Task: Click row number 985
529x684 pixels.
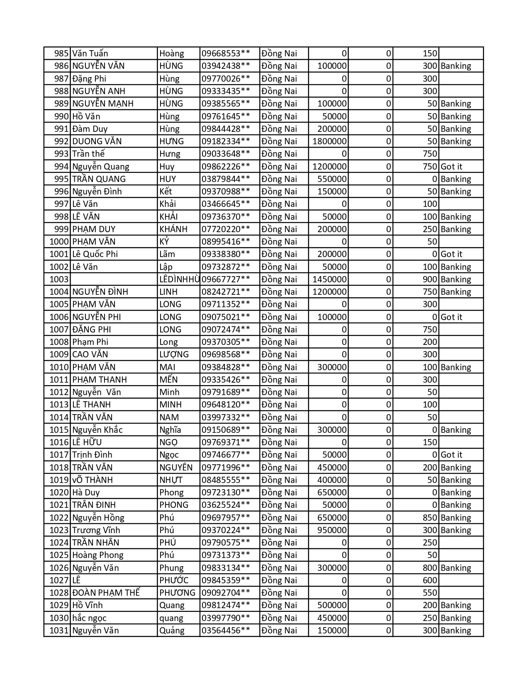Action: (x=61, y=53)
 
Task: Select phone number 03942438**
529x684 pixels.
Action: (x=226, y=66)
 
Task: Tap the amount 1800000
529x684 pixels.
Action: (x=329, y=141)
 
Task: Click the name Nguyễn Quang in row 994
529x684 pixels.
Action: (x=101, y=167)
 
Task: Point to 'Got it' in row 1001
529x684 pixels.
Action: (x=451, y=254)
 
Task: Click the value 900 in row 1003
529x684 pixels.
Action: (x=430, y=279)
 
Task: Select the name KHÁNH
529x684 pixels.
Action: (x=173, y=229)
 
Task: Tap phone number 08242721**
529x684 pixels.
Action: (x=226, y=292)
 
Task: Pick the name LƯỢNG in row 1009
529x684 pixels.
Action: (x=174, y=354)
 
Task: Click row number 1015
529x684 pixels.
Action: (x=59, y=430)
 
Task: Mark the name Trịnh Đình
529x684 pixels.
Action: (x=92, y=455)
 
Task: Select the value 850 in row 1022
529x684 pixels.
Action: (x=430, y=518)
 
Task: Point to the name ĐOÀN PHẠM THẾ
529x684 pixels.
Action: (x=106, y=593)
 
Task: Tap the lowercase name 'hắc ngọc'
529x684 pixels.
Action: (x=89, y=618)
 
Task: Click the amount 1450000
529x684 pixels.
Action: (x=329, y=279)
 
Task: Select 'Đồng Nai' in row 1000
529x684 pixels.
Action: (x=279, y=242)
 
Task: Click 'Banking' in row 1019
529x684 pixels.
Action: (x=456, y=480)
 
